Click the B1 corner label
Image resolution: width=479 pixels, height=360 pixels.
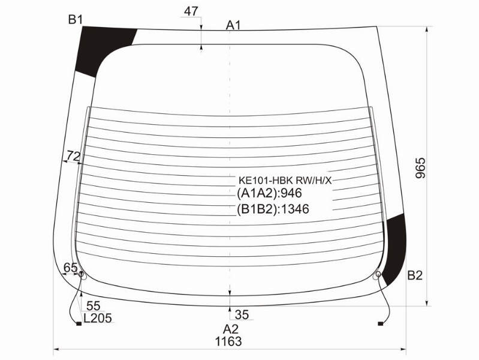tap(76, 20)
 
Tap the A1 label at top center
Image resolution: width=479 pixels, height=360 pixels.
tap(233, 26)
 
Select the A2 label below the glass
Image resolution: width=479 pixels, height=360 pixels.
tap(231, 329)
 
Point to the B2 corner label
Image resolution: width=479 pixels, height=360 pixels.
tap(415, 275)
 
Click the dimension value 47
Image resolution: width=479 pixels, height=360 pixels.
tap(191, 11)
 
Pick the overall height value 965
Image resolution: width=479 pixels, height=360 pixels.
tap(420, 168)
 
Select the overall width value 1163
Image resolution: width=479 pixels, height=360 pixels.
tap(228, 341)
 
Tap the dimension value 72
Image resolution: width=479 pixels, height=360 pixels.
tap(74, 156)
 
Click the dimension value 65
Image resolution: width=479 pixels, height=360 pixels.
tap(71, 268)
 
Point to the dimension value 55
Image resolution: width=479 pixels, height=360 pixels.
tap(94, 306)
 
